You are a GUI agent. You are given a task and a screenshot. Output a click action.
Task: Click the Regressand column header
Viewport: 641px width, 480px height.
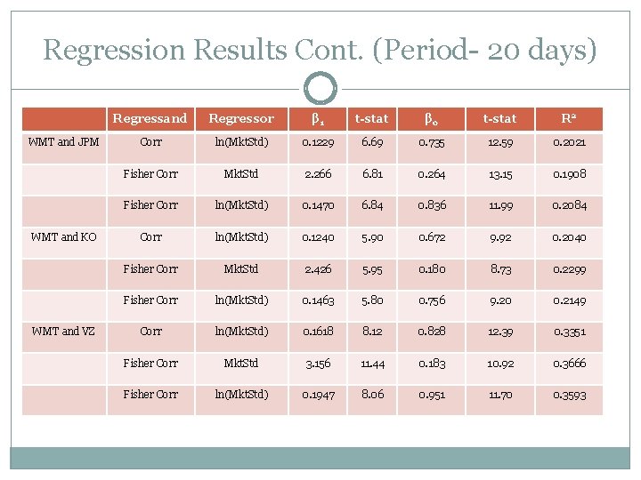coord(151,118)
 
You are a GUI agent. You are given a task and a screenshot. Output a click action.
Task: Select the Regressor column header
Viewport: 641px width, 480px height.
coord(240,118)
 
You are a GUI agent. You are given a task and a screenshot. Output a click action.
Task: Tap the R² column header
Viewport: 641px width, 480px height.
coord(569,118)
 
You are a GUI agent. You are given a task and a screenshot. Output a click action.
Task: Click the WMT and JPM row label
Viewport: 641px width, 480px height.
coord(63,141)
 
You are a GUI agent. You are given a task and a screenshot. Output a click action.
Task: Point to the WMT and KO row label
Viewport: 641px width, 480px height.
coord(63,236)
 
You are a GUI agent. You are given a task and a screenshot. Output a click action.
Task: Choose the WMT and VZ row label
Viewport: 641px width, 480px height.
coord(63,331)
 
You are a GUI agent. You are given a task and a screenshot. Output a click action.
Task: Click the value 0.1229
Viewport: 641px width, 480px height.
coord(319,142)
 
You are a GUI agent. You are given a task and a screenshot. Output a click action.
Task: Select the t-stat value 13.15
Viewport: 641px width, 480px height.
coord(499,174)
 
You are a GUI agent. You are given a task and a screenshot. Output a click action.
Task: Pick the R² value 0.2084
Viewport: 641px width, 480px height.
coord(569,205)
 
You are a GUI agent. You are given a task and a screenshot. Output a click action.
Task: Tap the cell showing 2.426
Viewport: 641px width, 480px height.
coord(319,268)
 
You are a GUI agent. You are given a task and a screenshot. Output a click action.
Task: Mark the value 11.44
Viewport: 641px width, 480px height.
coord(371,363)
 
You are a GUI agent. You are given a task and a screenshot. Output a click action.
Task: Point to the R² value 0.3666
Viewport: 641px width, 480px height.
coord(569,363)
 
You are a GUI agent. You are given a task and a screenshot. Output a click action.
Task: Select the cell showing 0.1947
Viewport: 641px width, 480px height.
coord(319,394)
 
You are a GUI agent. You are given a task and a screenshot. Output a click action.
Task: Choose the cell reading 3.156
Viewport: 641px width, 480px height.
coord(319,363)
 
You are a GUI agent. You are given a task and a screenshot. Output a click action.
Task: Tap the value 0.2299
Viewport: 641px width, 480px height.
coord(569,268)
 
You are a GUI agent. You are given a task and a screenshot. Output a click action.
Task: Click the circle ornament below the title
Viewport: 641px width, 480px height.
coord(320,88)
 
